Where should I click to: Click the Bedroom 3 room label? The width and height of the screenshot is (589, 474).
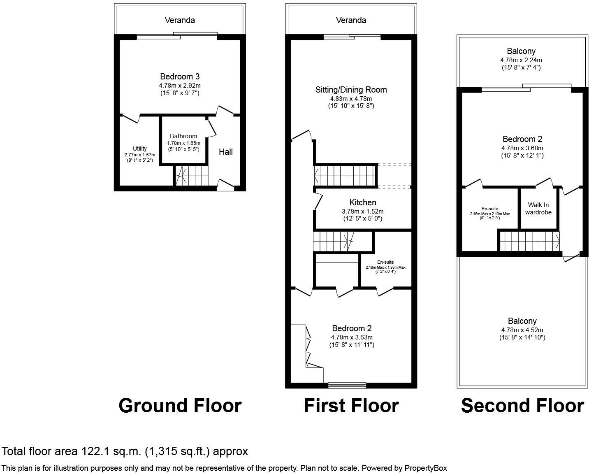click(180, 77)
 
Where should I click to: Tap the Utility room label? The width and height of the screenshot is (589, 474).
click(140, 149)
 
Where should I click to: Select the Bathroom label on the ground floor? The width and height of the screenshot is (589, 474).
click(183, 136)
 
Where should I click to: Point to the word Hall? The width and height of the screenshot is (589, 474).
click(225, 152)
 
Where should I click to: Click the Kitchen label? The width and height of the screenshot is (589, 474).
click(362, 202)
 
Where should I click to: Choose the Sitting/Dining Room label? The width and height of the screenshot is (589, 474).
click(351, 90)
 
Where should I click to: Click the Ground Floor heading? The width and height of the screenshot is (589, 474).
click(180, 406)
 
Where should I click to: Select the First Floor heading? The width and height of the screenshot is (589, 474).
click(351, 406)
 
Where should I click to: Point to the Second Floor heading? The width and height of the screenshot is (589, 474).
click(522, 406)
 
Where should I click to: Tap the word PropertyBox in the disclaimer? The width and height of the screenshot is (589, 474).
click(426, 468)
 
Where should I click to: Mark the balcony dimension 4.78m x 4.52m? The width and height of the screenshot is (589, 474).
click(522, 330)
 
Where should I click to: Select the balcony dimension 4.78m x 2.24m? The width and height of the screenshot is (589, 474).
click(521, 60)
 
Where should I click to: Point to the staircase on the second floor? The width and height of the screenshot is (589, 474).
click(529, 241)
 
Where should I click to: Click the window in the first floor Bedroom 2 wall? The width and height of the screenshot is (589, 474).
click(347, 386)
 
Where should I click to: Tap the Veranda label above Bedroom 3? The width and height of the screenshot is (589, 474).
click(180, 20)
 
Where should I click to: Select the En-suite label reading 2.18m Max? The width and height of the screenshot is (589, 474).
click(385, 262)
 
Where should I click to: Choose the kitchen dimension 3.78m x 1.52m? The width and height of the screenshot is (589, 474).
click(362, 211)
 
